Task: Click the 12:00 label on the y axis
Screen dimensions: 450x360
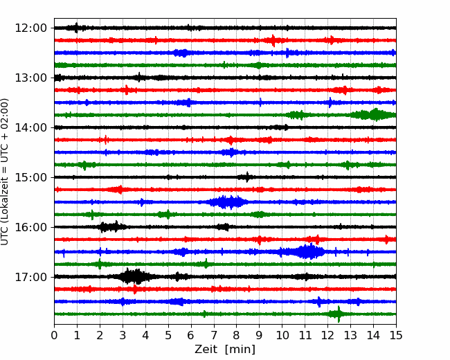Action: [x=30, y=28]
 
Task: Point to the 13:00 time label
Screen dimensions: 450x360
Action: [x=30, y=78]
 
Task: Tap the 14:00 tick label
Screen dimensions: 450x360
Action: [x=30, y=127]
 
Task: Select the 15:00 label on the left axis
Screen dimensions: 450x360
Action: [x=30, y=177]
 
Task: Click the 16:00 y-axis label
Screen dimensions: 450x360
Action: [x=30, y=227]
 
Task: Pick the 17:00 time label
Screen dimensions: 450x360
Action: [x=30, y=277]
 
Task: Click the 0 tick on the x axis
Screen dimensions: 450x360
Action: [x=54, y=335]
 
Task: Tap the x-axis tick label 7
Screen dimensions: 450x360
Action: [x=214, y=335]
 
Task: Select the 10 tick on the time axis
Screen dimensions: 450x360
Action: [x=282, y=335]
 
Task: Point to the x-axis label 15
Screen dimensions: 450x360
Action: [x=396, y=335]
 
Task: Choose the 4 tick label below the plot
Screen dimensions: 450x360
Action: [x=145, y=335]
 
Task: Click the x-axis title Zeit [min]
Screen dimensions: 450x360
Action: [x=225, y=350]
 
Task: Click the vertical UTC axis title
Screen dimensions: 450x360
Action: [x=5, y=172]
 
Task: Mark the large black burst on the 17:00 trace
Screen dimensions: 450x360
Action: [x=134, y=276]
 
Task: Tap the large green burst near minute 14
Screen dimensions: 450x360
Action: [x=373, y=115]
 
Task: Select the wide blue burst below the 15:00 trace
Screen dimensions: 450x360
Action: [x=228, y=202]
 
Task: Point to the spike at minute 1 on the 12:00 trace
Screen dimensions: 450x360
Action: [x=76, y=28]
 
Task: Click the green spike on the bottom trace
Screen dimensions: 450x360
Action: [x=339, y=314]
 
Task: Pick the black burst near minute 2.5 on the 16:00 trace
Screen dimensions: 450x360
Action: [x=112, y=227]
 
